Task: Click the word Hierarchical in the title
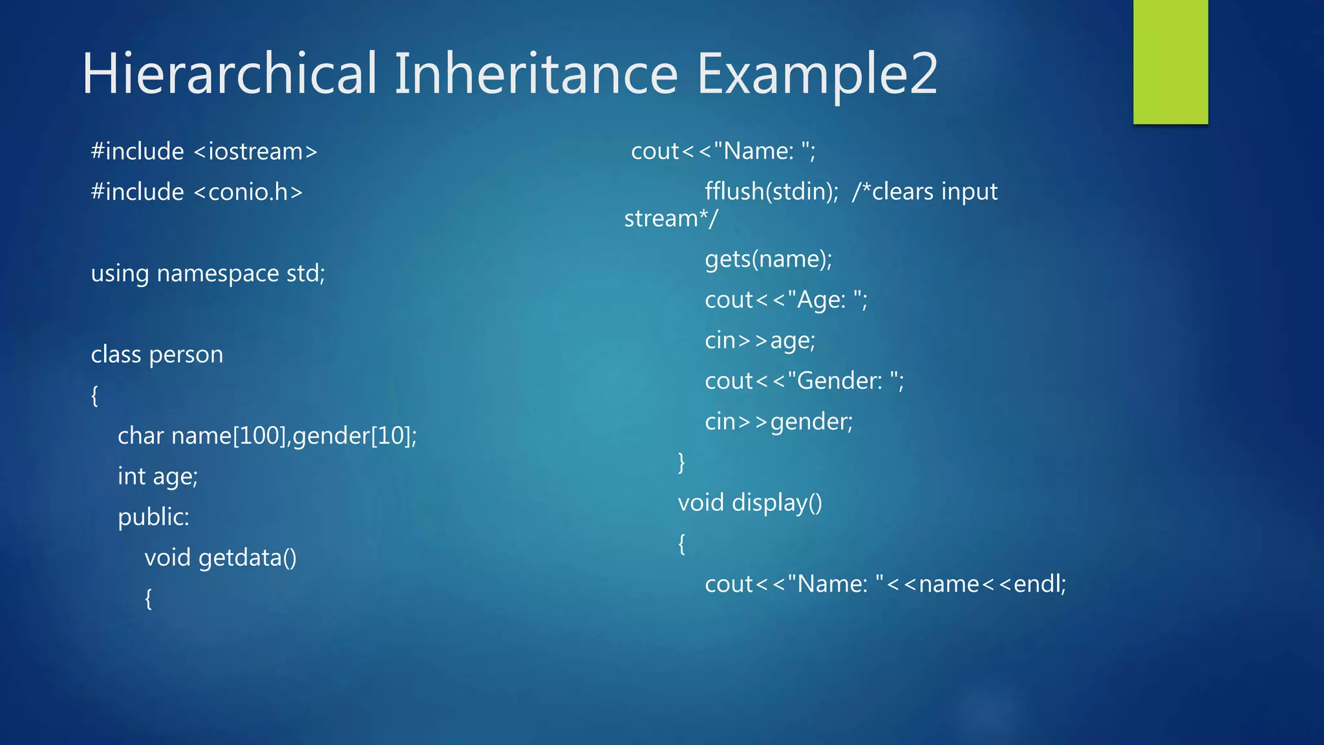(230, 74)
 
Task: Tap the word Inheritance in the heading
(536, 74)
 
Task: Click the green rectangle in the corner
(1170, 61)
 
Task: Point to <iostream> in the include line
(255, 152)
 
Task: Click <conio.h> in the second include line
(248, 192)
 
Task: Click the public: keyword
(153, 517)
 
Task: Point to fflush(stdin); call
(771, 192)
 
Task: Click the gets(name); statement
(768, 259)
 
